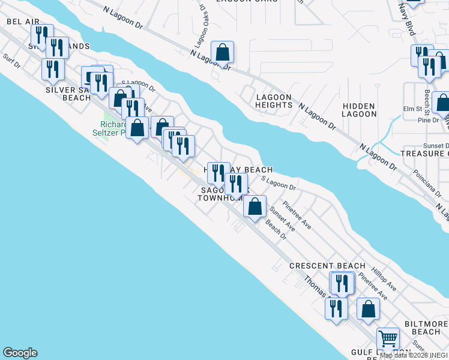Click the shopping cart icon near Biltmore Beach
388,339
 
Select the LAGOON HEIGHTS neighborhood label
274,101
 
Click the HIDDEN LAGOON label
360,109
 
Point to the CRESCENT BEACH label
327,266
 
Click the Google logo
20,353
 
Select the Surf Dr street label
11,61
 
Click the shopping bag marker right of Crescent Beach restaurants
368,309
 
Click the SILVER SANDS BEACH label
68,94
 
